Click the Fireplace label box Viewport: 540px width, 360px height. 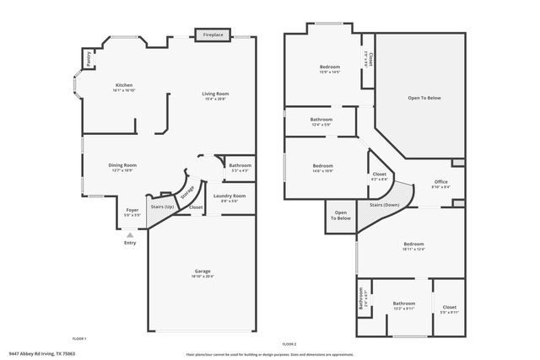[x=213, y=35]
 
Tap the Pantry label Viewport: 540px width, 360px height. [x=89, y=58]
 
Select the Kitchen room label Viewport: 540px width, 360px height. [x=124, y=85]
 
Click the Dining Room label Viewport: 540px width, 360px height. [x=122, y=165]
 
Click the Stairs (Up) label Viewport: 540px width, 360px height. [x=162, y=207]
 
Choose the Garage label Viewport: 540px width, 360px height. [x=202, y=271]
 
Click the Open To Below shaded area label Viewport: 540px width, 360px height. [x=424, y=98]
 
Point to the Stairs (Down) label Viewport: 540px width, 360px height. [x=385, y=205]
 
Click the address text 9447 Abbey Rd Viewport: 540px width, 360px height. [x=41, y=354]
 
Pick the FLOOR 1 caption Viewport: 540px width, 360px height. [x=79, y=338]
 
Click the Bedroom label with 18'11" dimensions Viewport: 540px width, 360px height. [x=413, y=244]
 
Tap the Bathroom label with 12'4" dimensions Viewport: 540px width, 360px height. [x=322, y=120]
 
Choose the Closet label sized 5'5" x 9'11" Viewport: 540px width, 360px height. [x=449, y=307]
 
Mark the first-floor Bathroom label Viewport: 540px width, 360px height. [x=240, y=165]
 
